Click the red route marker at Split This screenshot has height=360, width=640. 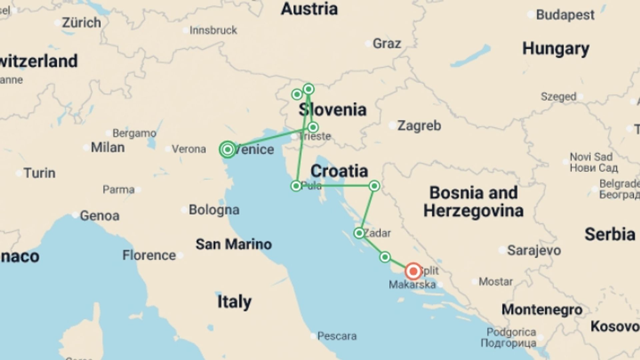point(413,271)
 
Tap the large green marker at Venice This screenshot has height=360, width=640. point(228,149)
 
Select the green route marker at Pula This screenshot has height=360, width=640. point(296,186)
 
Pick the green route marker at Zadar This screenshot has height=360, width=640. point(359,233)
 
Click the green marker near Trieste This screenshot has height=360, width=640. point(313,127)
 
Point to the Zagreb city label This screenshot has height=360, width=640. point(419,126)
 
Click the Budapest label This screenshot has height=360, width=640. point(565,15)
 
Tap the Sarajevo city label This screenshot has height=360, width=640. point(534,250)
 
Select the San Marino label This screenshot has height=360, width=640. point(233,244)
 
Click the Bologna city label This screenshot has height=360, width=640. point(214,210)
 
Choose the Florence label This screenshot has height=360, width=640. point(149,255)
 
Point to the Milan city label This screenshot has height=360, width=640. point(108,147)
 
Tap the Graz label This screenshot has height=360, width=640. point(387,43)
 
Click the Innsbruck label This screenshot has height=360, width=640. point(213,30)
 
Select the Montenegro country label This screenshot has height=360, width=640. point(542,310)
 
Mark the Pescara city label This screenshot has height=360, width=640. point(337,336)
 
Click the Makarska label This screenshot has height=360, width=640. point(412,284)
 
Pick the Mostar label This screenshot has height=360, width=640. point(496,282)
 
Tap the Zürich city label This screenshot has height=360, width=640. point(81,23)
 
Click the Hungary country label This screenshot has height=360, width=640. point(556,49)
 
